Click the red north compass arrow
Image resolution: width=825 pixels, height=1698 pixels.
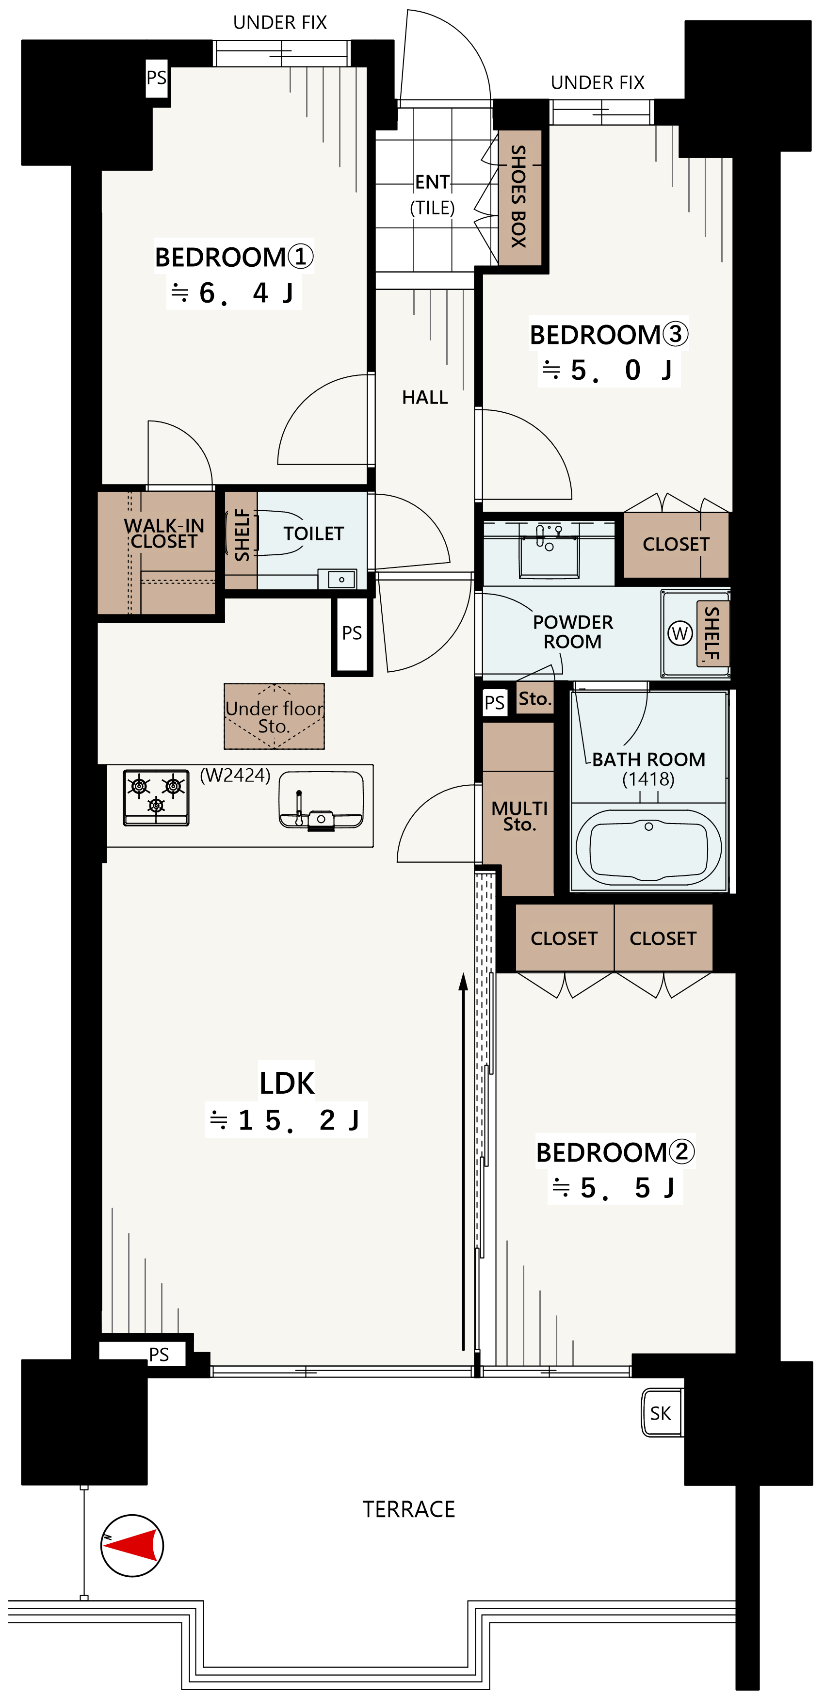pos(132,1544)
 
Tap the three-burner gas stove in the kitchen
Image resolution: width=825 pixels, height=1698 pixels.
pos(156,797)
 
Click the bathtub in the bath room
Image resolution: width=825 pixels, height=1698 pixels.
pos(648,846)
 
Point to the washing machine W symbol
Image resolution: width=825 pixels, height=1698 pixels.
pos(679,633)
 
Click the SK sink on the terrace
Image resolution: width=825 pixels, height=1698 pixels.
pos(662,1413)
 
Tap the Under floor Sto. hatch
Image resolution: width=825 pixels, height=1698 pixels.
pos(274,716)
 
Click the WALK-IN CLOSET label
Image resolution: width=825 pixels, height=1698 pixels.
pos(163,533)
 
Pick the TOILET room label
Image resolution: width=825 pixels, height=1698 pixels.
pos(314,533)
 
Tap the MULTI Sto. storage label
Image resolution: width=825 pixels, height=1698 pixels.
pos(519,816)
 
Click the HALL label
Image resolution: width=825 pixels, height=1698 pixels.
pos(425,398)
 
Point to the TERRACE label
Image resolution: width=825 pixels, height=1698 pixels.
pos(408,1509)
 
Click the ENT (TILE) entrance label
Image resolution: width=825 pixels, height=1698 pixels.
pos(432,194)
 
